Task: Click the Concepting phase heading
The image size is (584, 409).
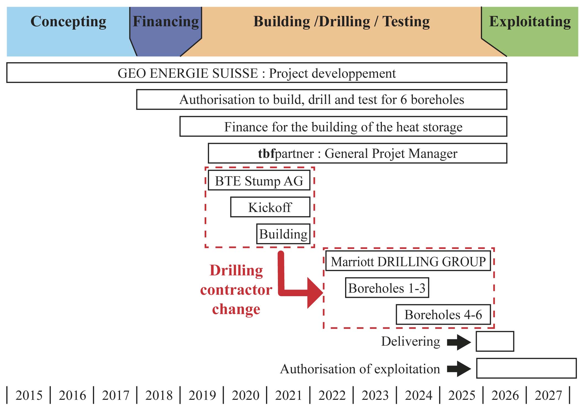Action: coord(68,22)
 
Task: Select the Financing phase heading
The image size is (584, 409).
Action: coord(166,22)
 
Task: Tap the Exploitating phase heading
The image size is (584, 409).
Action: coord(530,22)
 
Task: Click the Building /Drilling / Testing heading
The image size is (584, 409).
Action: coord(341,22)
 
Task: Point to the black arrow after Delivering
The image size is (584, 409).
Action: coord(459,342)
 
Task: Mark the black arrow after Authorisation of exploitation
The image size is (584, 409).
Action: coord(459,369)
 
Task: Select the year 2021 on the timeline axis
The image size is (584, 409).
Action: coord(288,395)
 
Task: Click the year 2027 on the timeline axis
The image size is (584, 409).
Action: coord(548,395)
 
